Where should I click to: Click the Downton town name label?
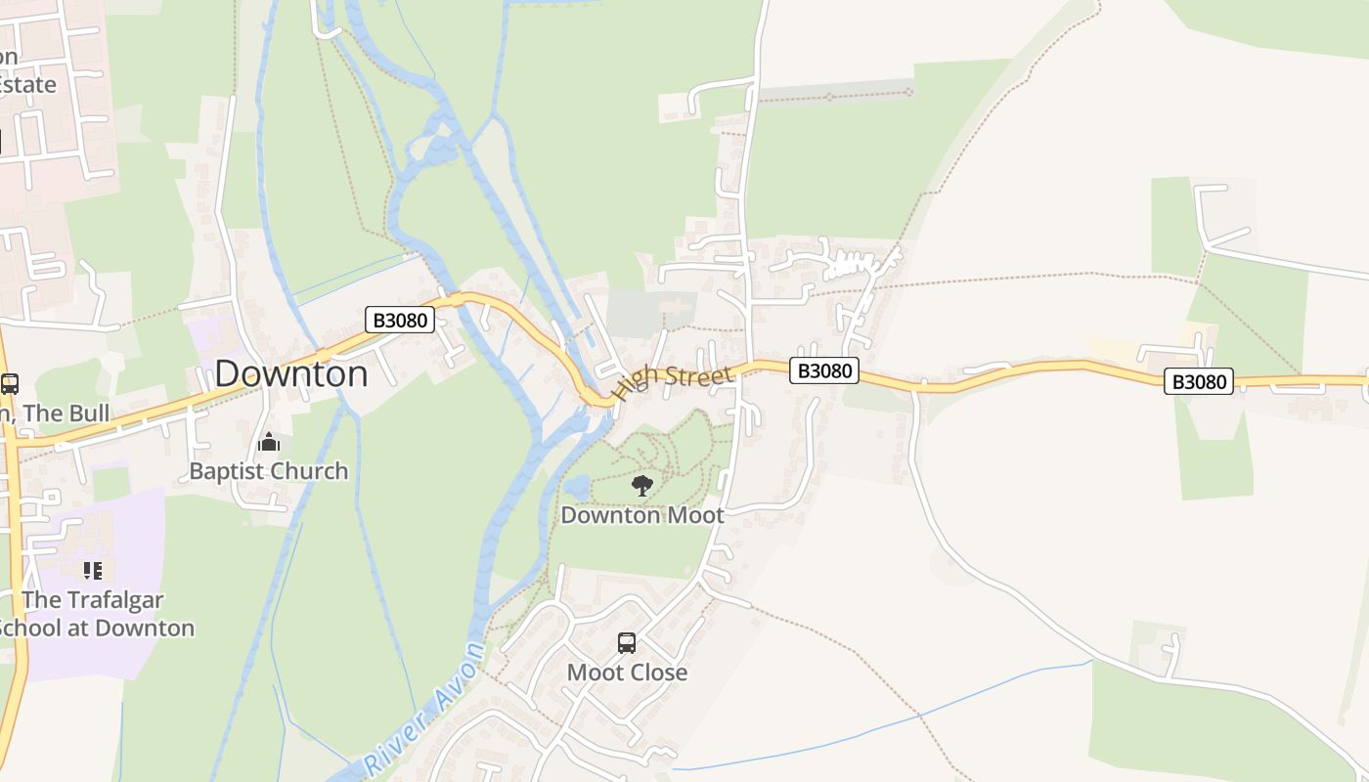pos(291,373)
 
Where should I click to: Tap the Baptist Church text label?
pos(268,471)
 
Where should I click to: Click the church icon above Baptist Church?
pos(269,443)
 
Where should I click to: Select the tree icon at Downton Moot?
pos(642,485)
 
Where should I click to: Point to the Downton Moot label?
pos(642,515)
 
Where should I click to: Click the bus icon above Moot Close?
pos(627,643)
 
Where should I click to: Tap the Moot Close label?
pos(627,673)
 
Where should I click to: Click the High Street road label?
pos(673,382)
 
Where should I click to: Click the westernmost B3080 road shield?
pos(399,319)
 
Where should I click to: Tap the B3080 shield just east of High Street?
pos(824,370)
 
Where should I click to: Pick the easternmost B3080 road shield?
pos(1198,381)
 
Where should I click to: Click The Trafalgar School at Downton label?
pos(94,614)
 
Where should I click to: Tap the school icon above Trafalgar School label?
pos(93,570)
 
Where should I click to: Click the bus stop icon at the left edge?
pos(10,384)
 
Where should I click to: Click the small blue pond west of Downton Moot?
pos(576,486)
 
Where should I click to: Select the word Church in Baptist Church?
pos(310,471)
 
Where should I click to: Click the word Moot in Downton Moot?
pos(693,515)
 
